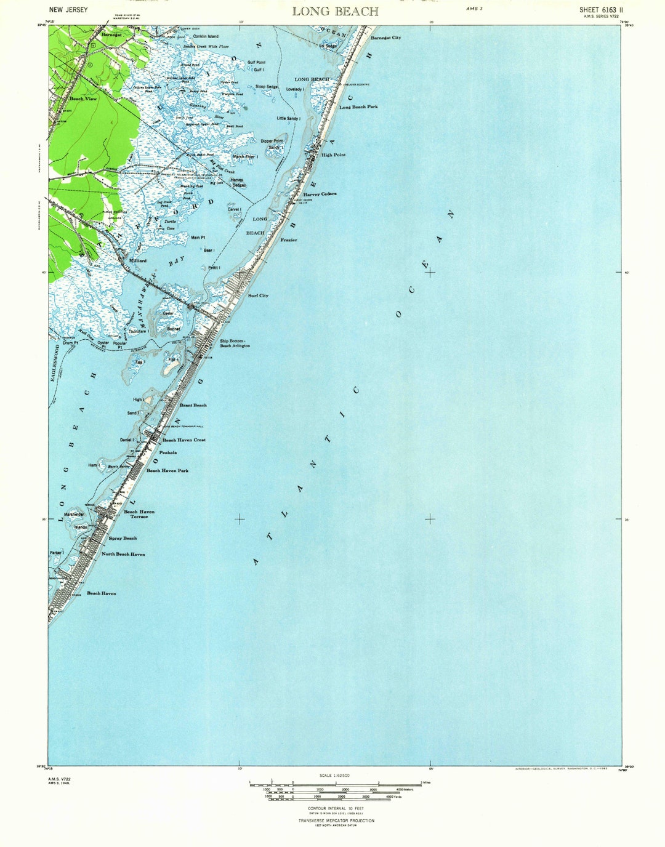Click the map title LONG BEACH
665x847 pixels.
click(x=335, y=11)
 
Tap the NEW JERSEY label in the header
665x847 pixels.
click(x=68, y=9)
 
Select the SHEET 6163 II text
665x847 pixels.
click(x=600, y=10)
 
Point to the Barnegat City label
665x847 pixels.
click(x=385, y=38)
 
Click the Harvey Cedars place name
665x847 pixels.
click(x=320, y=194)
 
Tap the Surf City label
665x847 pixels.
click(x=258, y=295)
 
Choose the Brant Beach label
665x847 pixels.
click(x=193, y=405)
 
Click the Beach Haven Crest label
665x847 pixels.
click(x=184, y=440)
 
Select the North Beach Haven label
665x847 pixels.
click(x=123, y=554)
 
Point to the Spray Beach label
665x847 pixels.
click(x=123, y=538)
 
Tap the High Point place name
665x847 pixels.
click(x=333, y=155)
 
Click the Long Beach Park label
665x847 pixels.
click(x=358, y=107)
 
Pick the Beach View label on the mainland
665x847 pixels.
click(x=83, y=98)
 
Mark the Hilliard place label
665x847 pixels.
click(x=137, y=260)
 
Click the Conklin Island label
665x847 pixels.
click(x=206, y=36)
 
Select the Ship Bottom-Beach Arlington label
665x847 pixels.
click(x=235, y=343)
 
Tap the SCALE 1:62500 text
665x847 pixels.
click(x=334, y=776)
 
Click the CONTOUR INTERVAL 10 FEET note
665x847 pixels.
click(x=336, y=808)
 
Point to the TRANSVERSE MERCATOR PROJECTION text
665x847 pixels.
click(x=336, y=821)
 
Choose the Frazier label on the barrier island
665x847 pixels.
click(x=289, y=240)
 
